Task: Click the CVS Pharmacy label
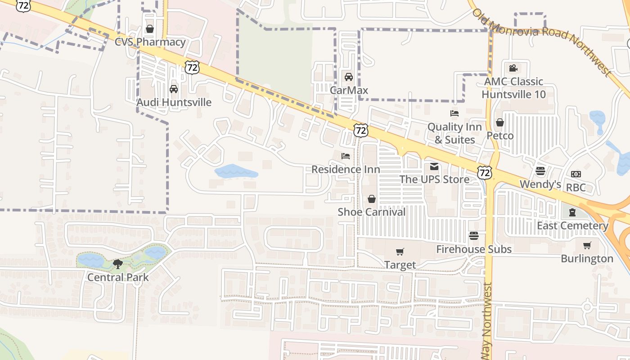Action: pyautogui.click(x=150, y=42)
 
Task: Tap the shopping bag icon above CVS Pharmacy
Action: pyautogui.click(x=150, y=29)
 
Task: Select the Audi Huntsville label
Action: pyautogui.click(x=174, y=102)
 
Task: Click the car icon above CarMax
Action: pyautogui.click(x=348, y=77)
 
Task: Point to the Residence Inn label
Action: pyautogui.click(x=346, y=169)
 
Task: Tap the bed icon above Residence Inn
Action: pyautogui.click(x=346, y=156)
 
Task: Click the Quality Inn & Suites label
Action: pyautogui.click(x=454, y=133)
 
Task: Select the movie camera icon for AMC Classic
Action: pyautogui.click(x=513, y=68)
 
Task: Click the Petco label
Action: pyautogui.click(x=499, y=135)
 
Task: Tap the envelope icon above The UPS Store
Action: pyautogui.click(x=434, y=167)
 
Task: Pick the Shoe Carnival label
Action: pyautogui.click(x=372, y=211)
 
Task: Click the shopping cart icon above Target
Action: pyautogui.click(x=400, y=252)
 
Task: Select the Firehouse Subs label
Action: pyautogui.click(x=474, y=249)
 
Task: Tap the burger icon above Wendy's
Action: pyautogui.click(x=540, y=171)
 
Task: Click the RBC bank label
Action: pyautogui.click(x=576, y=187)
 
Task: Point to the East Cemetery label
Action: pyautogui.click(x=572, y=225)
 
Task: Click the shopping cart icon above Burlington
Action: pyautogui.click(x=587, y=246)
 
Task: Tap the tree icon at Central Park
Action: pyautogui.click(x=118, y=264)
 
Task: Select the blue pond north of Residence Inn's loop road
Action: pyautogui.click(x=235, y=172)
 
